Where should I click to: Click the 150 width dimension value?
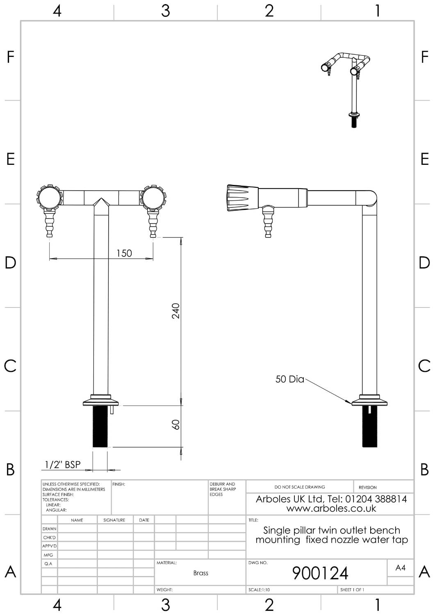coord(124,253)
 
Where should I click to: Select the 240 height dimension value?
coord(176,311)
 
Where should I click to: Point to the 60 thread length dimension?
coord(176,424)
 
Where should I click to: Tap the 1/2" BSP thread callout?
coord(63,465)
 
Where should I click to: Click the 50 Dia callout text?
coord(289,379)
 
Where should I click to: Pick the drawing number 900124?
coord(320,573)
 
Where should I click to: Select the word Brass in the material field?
coord(200,573)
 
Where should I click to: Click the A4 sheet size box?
coord(400,568)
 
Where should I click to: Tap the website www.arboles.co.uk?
coord(331,509)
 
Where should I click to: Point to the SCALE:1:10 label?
coord(259,590)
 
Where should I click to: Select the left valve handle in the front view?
coord(49,198)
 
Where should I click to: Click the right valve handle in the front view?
coord(153,198)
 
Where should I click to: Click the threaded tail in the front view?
coord(100,426)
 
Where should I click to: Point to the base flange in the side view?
coord(369,401)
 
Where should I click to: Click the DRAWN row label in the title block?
coord(49,529)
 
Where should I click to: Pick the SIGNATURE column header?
coord(114,520)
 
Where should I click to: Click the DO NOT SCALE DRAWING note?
coord(299,487)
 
